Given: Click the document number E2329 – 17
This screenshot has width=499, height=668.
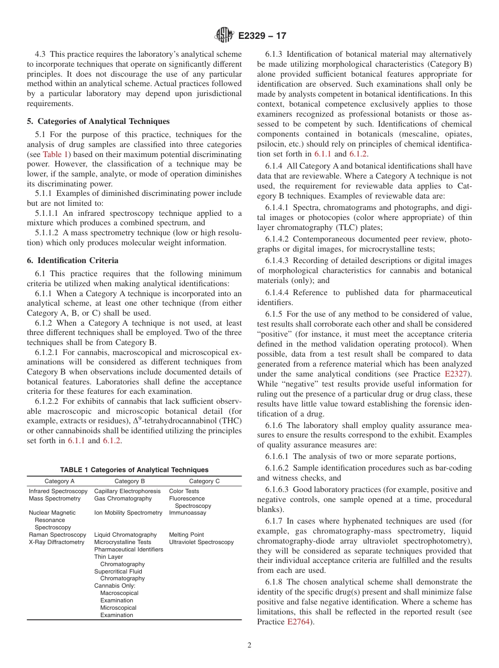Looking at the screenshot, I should (x=262, y=36).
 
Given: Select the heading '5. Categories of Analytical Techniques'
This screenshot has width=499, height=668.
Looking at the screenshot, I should (x=98, y=121).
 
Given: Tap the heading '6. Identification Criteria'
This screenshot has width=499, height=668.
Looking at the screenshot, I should (x=72, y=260).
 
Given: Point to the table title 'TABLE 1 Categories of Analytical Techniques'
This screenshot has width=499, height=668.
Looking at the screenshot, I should (x=134, y=470).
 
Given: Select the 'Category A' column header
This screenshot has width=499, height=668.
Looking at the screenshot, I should (x=59, y=481).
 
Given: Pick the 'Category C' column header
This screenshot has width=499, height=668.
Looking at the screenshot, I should (x=204, y=481).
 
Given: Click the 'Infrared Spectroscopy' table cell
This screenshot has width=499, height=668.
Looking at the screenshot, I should (x=58, y=492).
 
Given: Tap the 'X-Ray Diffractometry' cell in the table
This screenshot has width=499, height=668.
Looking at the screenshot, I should (x=56, y=542).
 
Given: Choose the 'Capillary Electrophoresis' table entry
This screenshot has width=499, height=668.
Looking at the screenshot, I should (x=128, y=492).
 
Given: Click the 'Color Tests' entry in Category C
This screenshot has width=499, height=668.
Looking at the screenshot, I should (x=184, y=492).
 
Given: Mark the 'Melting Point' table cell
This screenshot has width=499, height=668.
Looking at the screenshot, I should (x=186, y=535).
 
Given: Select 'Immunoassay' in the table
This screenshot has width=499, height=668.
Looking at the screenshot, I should (x=188, y=513).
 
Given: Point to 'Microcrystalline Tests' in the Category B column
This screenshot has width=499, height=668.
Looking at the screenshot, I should (x=122, y=542).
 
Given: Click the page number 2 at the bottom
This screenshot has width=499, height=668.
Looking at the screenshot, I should (x=250, y=645).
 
